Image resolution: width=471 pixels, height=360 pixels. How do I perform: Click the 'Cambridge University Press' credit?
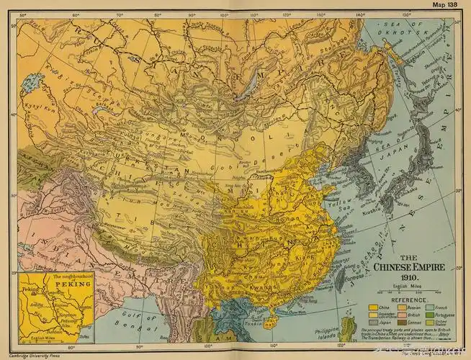(35, 355)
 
